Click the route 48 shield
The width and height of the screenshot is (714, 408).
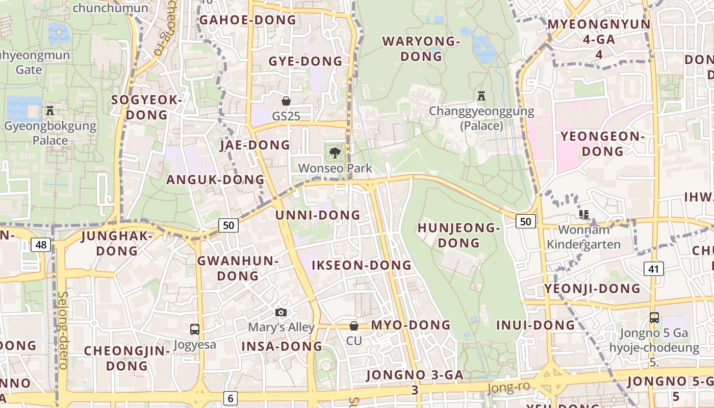point(41,245)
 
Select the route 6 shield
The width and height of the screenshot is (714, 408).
point(230,398)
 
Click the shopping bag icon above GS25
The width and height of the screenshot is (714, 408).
point(286,101)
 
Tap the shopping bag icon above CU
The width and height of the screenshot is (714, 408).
point(353,325)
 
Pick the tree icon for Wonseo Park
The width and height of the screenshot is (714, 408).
point(335,152)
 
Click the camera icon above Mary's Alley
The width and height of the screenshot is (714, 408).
point(280,312)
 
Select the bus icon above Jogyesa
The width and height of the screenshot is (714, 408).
point(194,329)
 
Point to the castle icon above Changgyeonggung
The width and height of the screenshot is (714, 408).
point(481,95)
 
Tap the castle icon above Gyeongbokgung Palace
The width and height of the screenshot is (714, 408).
point(50,110)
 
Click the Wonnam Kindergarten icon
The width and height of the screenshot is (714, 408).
point(584,215)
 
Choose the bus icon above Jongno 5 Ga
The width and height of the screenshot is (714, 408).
point(654,318)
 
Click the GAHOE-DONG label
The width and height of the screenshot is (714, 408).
point(247,20)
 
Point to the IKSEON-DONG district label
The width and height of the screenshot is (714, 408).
point(361,265)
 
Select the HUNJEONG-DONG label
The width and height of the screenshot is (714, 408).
point(458,235)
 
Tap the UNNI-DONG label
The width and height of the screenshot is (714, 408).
point(318,215)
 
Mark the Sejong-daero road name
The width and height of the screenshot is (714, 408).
point(63,330)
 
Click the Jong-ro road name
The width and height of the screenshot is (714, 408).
point(508,387)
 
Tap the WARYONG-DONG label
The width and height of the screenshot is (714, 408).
point(421,48)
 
